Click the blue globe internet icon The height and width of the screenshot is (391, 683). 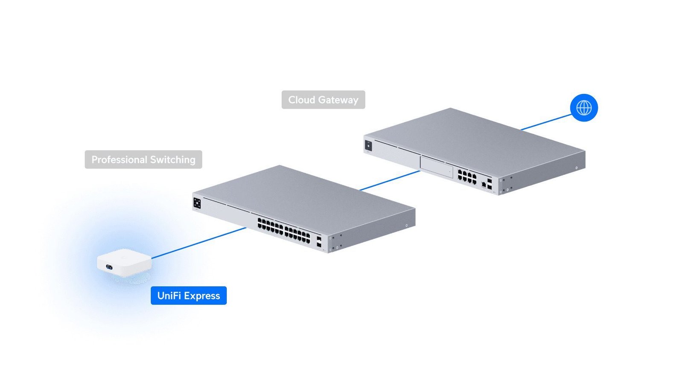pyautogui.click(x=584, y=107)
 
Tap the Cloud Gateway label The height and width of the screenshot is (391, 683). pyautogui.click(x=323, y=100)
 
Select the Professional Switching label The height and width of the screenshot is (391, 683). pyautogui.click(x=143, y=159)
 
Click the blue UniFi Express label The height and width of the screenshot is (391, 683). pyautogui.click(x=188, y=295)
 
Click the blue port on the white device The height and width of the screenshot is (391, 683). pyautogui.click(x=109, y=267)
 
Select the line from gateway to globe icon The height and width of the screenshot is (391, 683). pyautogui.click(x=546, y=122)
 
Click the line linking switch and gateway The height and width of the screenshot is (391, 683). pyautogui.click(x=390, y=181)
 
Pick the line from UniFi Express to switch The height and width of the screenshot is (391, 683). pyautogui.click(x=199, y=243)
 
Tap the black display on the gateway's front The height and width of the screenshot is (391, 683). pyautogui.click(x=368, y=145)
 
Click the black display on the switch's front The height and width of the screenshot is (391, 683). pyautogui.click(x=197, y=203)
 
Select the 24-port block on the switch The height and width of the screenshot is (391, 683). pyautogui.click(x=283, y=231)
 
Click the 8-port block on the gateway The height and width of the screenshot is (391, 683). pyautogui.click(x=467, y=177)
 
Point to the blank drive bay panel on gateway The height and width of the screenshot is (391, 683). pyautogui.click(x=437, y=167)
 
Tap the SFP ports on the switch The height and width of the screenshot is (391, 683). pyautogui.click(x=318, y=241)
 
